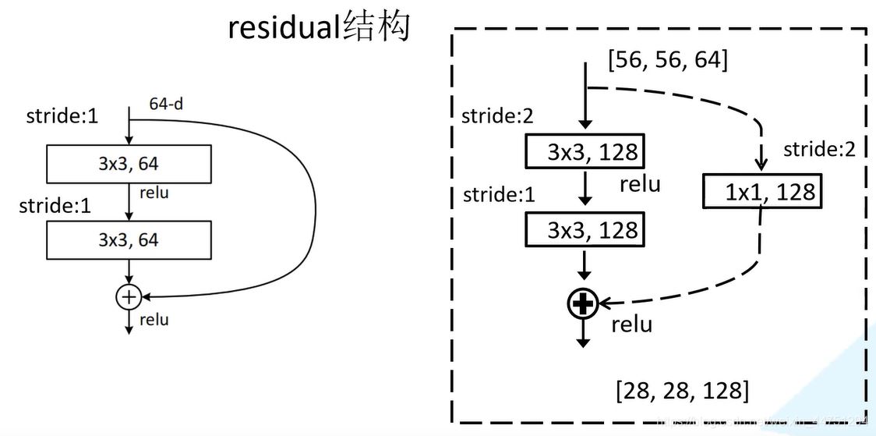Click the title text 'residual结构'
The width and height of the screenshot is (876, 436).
pos(319,28)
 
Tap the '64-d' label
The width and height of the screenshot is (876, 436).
pos(166,103)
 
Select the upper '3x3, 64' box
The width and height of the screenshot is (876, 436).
pos(129,165)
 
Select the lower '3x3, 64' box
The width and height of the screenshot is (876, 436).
pos(129,239)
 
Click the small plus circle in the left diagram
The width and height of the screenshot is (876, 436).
pos(128,296)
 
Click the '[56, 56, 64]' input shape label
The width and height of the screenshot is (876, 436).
pos(667,59)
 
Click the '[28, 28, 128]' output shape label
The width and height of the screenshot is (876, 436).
pos(682,390)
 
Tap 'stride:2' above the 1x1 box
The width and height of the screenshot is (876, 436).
pos(819,149)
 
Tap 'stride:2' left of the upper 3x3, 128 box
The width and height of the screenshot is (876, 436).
pos(498,116)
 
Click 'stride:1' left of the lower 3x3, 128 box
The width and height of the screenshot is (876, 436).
pos(499,194)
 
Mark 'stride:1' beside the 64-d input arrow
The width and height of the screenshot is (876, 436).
pos(62,117)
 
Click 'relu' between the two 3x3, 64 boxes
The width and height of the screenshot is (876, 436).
pos(154,192)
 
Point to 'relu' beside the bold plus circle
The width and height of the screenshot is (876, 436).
pos(631,324)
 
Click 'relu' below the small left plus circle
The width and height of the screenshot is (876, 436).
pos(154,320)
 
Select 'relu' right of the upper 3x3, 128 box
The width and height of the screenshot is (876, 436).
pos(640,184)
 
